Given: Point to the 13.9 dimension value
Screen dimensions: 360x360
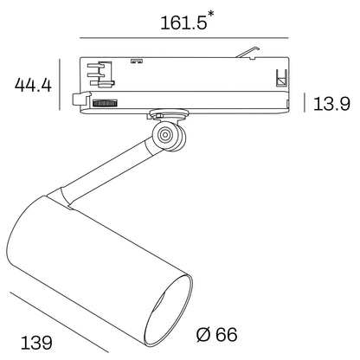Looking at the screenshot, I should [x=331, y=105].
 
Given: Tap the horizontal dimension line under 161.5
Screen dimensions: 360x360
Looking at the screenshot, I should [x=183, y=37].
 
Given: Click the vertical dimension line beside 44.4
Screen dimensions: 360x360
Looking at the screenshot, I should [x=61, y=84].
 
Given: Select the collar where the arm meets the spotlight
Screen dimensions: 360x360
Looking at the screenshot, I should [x=67, y=197].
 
